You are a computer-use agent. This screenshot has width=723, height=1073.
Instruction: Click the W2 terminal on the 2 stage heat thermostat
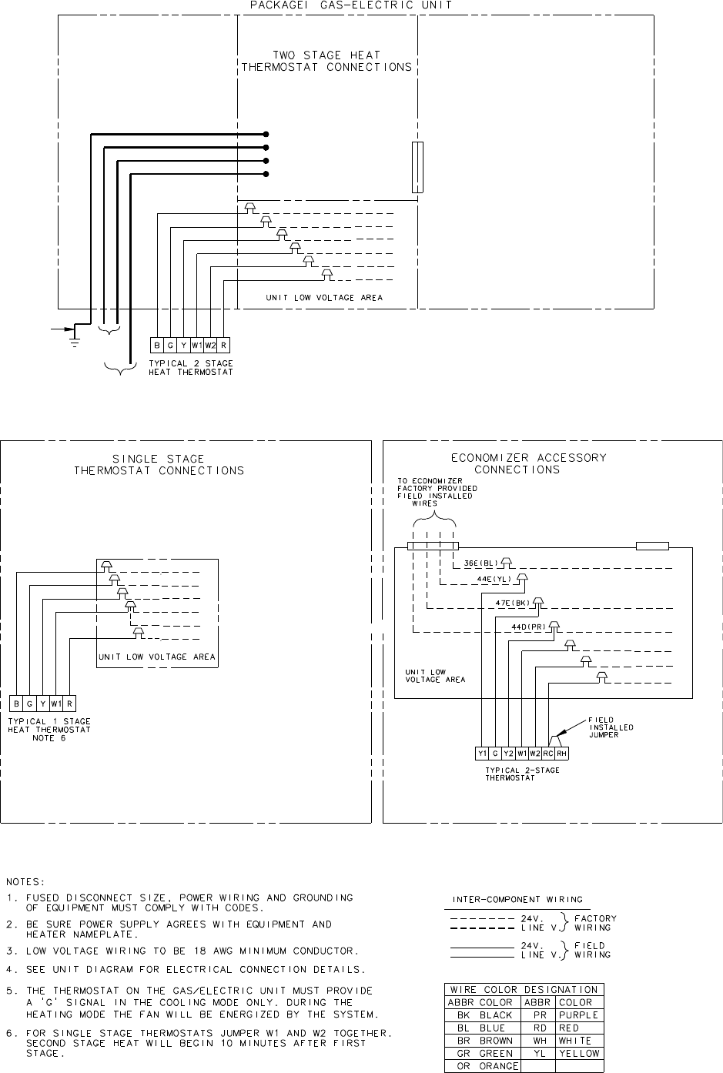click(x=210, y=346)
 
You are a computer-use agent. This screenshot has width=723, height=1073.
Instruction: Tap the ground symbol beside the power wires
click(x=75, y=336)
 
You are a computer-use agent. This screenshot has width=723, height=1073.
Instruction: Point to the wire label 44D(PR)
click(x=528, y=627)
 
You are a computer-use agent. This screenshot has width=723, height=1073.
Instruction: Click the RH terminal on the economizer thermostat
click(x=561, y=754)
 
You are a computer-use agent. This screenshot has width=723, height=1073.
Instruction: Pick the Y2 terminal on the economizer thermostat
click(x=509, y=754)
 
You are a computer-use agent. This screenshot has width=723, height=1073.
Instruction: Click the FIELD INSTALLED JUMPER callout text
click(x=611, y=727)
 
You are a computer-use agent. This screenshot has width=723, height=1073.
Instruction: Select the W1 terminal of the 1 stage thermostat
click(x=56, y=704)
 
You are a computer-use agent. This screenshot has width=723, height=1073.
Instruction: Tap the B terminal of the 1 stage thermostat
click(x=17, y=704)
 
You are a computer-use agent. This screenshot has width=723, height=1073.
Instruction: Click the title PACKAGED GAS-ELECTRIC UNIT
click(x=351, y=5)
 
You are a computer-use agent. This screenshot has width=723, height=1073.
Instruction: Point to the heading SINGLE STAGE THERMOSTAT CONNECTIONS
click(x=159, y=464)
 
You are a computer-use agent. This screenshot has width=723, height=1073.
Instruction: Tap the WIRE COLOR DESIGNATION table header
click(x=524, y=989)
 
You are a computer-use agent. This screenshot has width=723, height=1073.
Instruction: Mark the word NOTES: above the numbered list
click(x=25, y=881)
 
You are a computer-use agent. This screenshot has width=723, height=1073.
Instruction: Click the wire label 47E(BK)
click(x=513, y=603)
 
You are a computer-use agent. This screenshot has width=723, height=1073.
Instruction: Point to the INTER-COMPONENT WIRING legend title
click(x=517, y=899)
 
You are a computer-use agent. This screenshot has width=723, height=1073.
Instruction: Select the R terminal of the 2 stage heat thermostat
click(x=223, y=346)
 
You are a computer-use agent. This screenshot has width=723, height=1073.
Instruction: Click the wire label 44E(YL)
click(x=494, y=578)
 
